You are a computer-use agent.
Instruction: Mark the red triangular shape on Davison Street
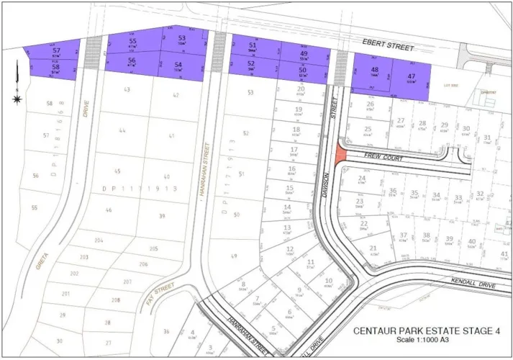click(x=340, y=153)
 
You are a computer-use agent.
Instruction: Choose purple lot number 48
click(x=374, y=70)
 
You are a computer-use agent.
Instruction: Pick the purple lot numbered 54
click(x=178, y=66)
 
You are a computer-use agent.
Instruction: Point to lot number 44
click(x=122, y=130)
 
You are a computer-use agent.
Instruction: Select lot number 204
click(x=99, y=240)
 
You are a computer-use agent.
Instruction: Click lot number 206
click(x=143, y=264)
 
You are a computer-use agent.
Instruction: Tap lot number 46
click(x=109, y=210)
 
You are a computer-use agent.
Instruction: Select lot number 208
click(x=116, y=300)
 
